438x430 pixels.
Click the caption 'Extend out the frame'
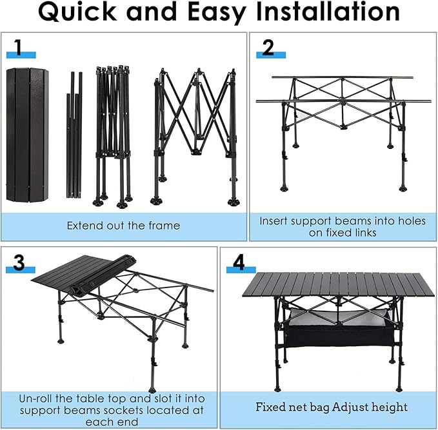pyautogui.click(x=124, y=226)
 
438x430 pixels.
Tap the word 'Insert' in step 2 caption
pyautogui.click(x=275, y=220)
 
